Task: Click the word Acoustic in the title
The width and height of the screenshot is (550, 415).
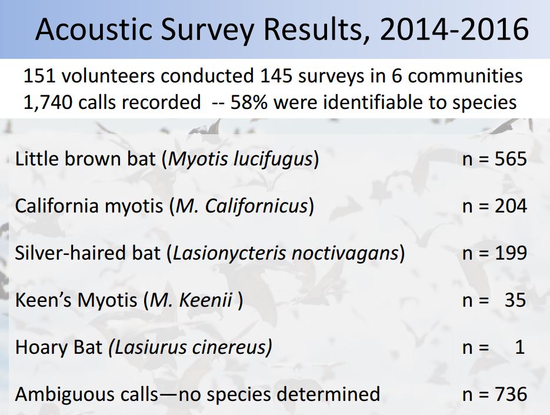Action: [94, 29]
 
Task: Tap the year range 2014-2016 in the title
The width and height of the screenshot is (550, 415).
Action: [454, 29]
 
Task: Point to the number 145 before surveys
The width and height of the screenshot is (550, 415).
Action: [276, 76]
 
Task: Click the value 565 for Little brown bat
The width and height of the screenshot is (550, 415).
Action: [511, 159]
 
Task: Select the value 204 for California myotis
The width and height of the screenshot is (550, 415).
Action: [511, 206]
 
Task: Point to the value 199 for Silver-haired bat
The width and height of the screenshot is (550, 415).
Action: [511, 253]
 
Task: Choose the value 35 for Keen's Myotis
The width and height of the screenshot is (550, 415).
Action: [515, 300]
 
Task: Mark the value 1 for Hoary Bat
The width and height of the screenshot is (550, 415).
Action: [520, 347]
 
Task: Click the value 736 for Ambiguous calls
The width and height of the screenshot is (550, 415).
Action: [511, 394]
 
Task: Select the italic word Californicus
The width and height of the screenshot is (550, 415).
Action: [256, 206]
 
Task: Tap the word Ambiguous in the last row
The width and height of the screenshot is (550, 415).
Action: [87, 394]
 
